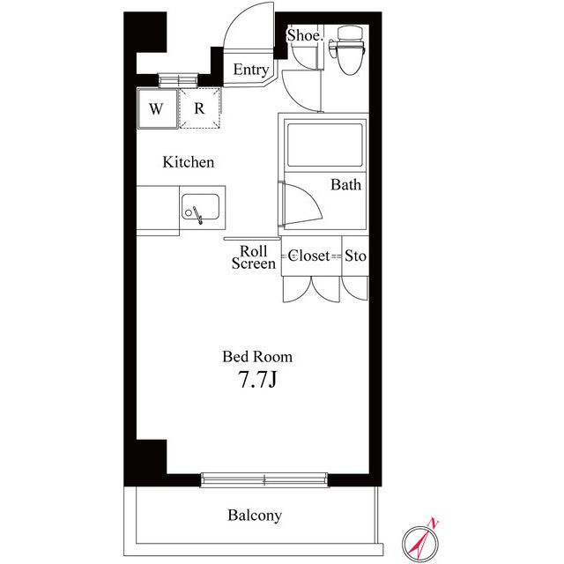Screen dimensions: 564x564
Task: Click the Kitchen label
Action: (188, 162)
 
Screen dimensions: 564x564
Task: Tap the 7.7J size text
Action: (257, 380)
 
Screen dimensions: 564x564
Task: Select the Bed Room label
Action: (257, 357)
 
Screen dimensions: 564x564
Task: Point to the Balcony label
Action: (255, 516)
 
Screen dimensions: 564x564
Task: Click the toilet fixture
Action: (348, 50)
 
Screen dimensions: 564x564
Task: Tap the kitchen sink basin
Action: (200, 207)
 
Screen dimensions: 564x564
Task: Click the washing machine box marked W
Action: (158, 108)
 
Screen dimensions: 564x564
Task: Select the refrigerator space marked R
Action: (200, 108)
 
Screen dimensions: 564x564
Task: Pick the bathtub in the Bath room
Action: (325, 145)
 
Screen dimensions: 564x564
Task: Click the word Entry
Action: (250, 70)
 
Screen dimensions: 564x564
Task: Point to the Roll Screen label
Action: (254, 257)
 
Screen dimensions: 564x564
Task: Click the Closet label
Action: (308, 256)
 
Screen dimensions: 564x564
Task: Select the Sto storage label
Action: (355, 256)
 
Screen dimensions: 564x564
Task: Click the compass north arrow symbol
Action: (421, 540)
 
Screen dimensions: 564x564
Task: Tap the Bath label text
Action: (345, 184)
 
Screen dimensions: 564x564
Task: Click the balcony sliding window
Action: (264, 479)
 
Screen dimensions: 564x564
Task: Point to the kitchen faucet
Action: (197, 215)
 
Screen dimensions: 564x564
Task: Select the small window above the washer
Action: (178, 80)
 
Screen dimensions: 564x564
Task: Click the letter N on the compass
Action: (434, 523)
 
